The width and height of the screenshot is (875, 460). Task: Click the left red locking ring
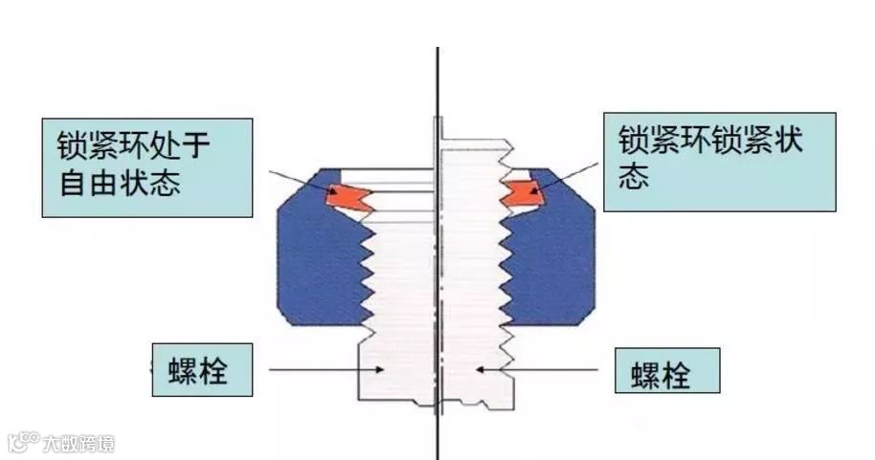(x=348, y=197)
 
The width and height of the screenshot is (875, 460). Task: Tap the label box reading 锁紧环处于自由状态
(x=147, y=167)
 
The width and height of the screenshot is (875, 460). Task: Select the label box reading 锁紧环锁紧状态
(x=719, y=162)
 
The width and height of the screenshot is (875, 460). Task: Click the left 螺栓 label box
(x=202, y=369)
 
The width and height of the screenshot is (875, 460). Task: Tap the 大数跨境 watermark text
(x=79, y=443)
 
